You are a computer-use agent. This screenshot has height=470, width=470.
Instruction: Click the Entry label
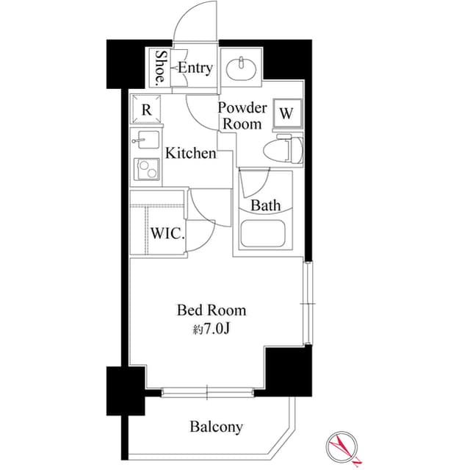pos(196,68)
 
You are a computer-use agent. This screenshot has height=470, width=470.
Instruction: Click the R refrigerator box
pos(147,110)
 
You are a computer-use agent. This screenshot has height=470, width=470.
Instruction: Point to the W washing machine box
pos(287,114)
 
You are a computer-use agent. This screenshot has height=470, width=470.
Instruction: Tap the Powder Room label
pos(242,116)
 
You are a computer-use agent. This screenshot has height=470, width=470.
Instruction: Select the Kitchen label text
pos(190,154)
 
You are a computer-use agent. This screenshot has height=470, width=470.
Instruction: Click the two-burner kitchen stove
pos(147,170)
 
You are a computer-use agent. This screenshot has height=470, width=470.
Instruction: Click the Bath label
pos(264,205)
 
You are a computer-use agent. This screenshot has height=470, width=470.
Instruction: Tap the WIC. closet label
pos(167,235)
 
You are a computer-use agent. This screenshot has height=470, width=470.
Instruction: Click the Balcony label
pos(217,427)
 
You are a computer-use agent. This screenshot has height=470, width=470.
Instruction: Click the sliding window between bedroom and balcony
pos(207,393)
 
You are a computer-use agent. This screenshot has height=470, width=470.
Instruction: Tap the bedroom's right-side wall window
pos(308,303)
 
